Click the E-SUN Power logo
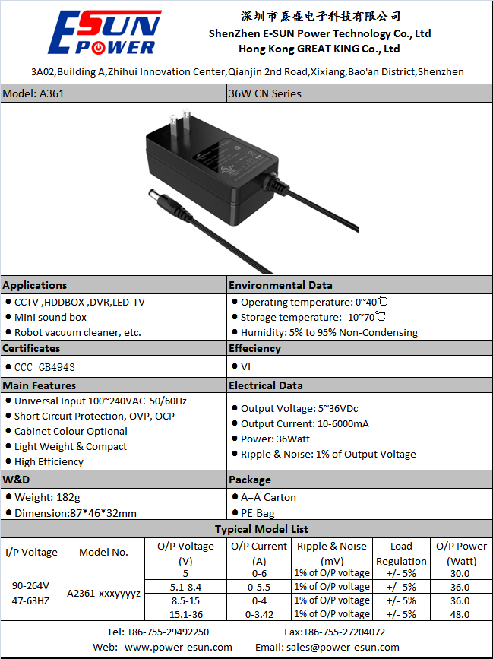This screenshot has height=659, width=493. point(105,33)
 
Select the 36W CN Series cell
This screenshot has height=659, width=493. point(265,93)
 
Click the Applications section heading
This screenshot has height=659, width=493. point(35,285)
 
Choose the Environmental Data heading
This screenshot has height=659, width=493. point(280,285)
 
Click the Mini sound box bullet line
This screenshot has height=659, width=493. point(50,317)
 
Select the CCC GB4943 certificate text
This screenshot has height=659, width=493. point(45,367)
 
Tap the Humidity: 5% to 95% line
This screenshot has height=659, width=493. point(329,332)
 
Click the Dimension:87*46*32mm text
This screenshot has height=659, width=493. point(75,513)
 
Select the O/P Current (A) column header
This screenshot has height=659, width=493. point(258,553)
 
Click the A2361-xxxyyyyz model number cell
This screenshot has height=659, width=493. point(104,593)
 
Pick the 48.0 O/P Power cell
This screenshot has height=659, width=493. point(460,614)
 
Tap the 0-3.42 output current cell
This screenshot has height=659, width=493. point(259,614)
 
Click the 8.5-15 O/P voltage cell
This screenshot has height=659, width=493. point(185,600)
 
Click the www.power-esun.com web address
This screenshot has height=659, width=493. point(179,647)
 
